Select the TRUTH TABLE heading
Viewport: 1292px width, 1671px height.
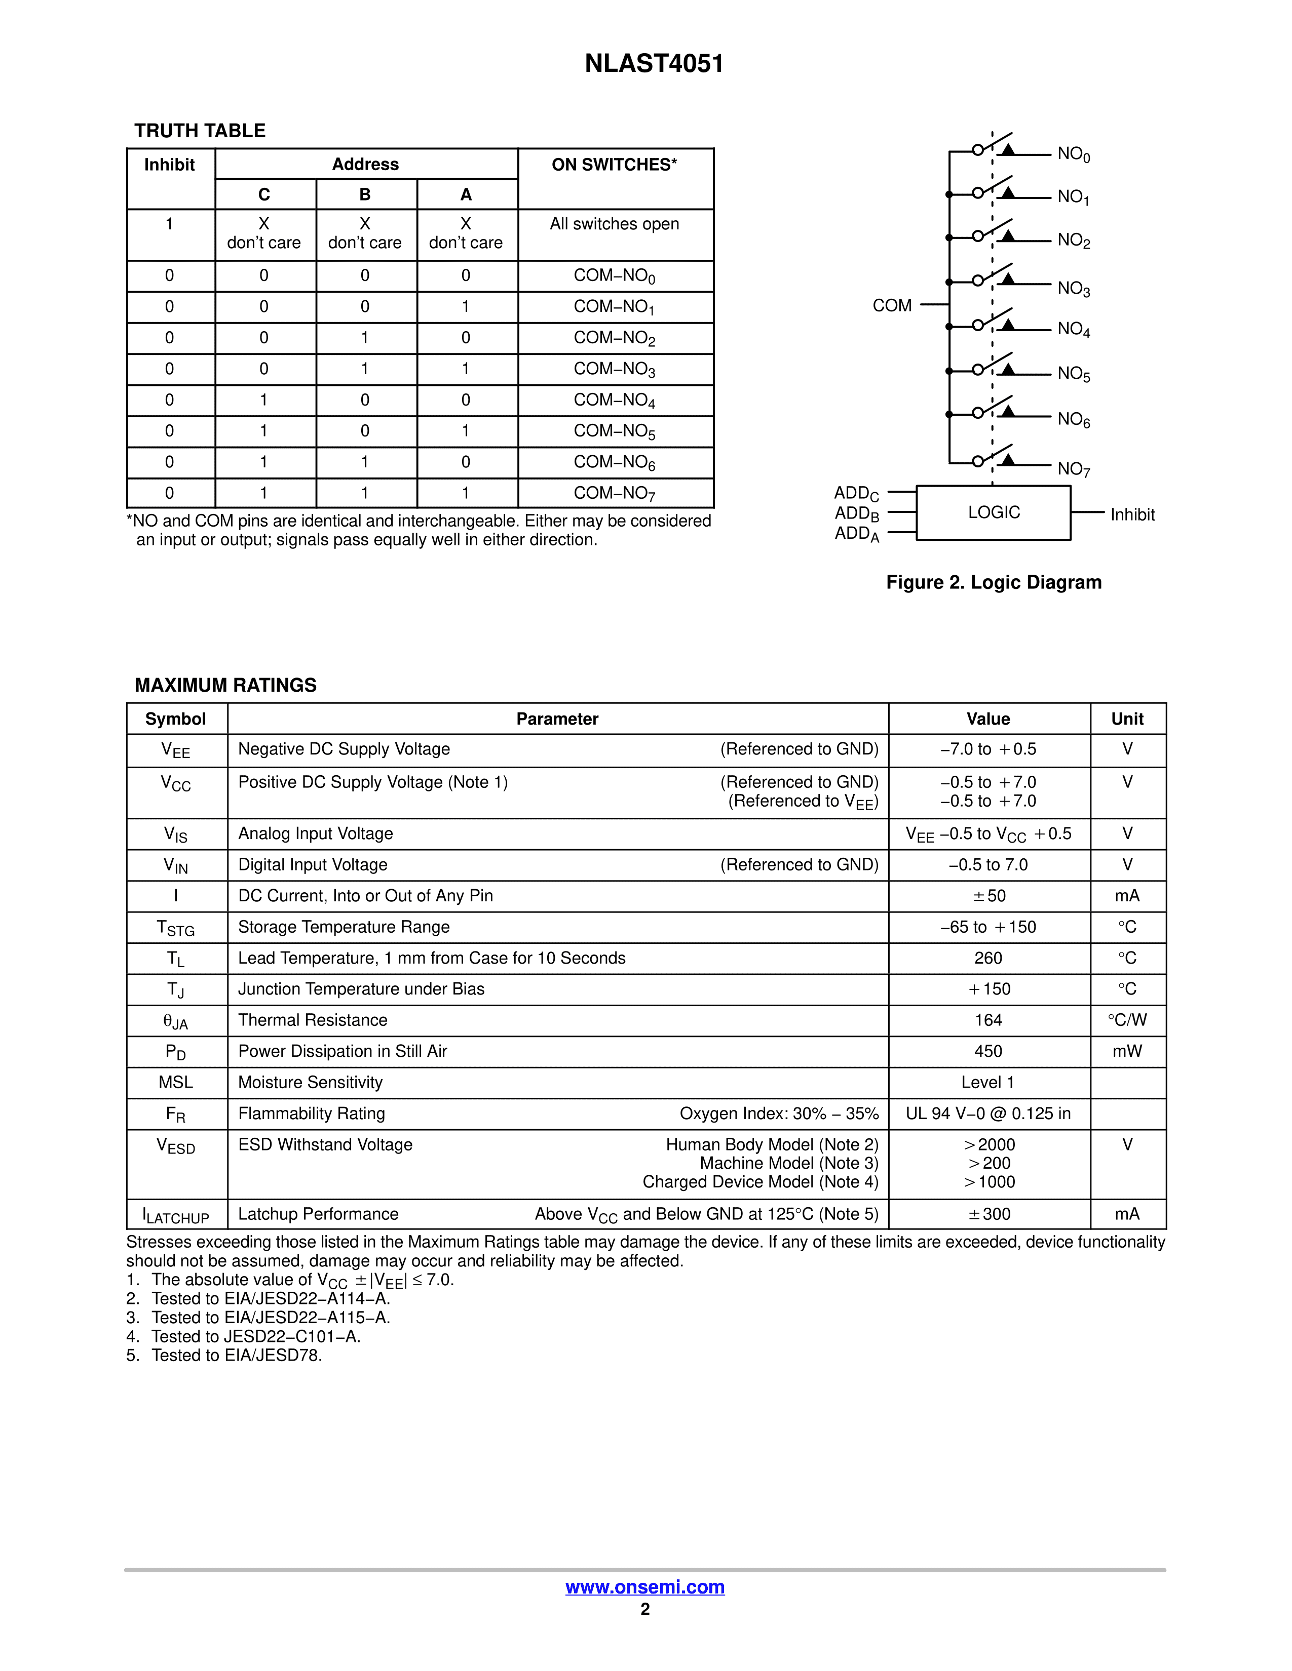pos(200,131)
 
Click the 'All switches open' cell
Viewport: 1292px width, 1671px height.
pos(614,224)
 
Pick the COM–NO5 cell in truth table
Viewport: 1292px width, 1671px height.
pos(614,431)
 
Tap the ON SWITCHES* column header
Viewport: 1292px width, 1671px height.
pos(614,165)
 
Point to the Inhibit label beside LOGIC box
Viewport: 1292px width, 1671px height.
pos(1132,515)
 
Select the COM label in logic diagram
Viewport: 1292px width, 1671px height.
pos(892,305)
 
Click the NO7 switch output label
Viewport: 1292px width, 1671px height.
pos(1073,469)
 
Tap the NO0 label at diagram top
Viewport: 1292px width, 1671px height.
pos(1073,154)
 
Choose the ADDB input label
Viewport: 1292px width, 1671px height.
pos(856,513)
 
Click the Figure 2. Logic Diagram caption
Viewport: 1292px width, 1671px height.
pos(994,582)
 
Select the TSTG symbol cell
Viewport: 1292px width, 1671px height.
pos(176,928)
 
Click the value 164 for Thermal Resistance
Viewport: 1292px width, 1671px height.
pos(988,1020)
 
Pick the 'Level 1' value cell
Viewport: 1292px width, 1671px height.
pos(988,1082)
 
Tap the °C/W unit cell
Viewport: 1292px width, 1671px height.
pos(1127,1020)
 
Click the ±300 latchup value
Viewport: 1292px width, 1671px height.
pos(988,1214)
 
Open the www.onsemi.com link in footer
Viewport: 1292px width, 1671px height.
pos(644,1587)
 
